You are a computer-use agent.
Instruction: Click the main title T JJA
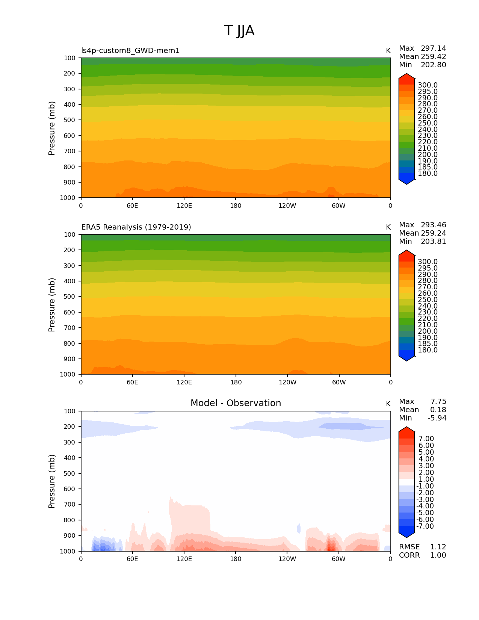239,31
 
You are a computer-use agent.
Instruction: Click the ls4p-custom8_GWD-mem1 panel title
130,51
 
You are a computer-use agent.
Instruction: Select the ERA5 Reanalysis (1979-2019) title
136,227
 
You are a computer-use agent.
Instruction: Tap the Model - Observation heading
236,403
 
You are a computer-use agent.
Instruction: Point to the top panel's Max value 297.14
433,48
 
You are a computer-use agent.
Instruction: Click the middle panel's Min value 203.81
433,242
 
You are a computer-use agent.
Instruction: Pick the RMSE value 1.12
438,547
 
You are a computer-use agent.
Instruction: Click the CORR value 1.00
438,555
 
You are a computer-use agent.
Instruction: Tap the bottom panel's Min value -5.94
437,418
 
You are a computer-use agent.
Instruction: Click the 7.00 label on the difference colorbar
426,439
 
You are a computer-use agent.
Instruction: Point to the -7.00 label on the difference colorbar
425,526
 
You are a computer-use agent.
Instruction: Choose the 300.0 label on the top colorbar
428,85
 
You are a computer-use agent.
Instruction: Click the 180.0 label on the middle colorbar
428,350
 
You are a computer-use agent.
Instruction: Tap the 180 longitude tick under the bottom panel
236,559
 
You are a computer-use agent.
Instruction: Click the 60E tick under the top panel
132,206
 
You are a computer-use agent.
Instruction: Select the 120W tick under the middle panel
287,383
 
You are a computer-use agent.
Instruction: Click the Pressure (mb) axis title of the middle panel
52,305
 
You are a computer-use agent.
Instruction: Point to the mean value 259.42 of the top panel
433,57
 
